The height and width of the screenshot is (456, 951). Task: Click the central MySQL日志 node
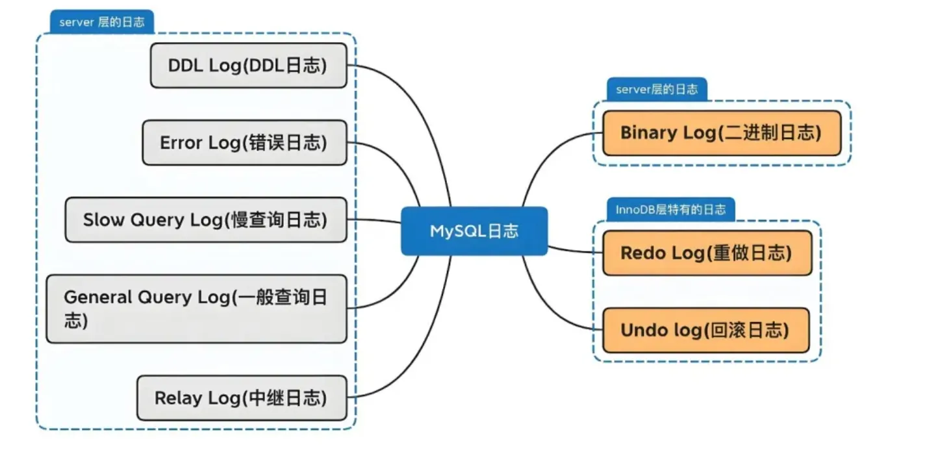pyautogui.click(x=474, y=231)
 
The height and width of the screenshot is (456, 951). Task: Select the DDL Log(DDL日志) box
pyautogui.click(x=248, y=66)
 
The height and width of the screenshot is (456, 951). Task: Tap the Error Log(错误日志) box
pyautogui.click(x=244, y=142)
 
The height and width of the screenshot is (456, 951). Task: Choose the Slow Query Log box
pyautogui.click(x=205, y=220)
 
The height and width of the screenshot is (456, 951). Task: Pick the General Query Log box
pyautogui.click(x=196, y=309)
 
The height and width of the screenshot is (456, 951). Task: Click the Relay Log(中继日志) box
pyautogui.click(x=241, y=398)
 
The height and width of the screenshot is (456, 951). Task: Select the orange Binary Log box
pyautogui.click(x=721, y=133)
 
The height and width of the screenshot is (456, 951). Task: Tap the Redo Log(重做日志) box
pyautogui.click(x=707, y=253)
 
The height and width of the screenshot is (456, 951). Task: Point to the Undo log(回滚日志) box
pyautogui.click(x=705, y=330)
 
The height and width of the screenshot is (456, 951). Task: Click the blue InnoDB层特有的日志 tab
pyautogui.click(x=670, y=210)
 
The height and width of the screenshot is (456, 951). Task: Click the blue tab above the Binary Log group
pyautogui.click(x=656, y=90)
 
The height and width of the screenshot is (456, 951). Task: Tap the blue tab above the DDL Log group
pyautogui.click(x=101, y=22)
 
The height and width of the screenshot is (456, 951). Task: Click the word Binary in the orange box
pyautogui.click(x=648, y=133)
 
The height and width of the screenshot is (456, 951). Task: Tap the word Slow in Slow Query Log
pyautogui.click(x=103, y=220)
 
